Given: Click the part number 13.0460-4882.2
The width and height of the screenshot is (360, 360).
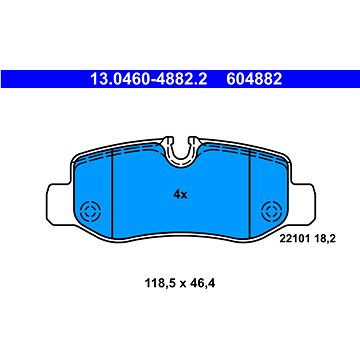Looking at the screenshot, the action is coord(149,79).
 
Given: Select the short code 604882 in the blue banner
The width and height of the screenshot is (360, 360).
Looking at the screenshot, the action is coord(254,79).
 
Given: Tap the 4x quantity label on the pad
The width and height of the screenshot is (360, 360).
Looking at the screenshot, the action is coord(180,195).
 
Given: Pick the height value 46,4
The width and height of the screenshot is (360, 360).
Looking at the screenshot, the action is coord(202,284).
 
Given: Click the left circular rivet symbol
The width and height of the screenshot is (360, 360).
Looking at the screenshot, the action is coord(90,211).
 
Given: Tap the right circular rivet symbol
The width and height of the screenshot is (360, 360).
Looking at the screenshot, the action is coord(271,211).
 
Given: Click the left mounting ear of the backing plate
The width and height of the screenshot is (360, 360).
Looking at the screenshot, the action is coord(59,204).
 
